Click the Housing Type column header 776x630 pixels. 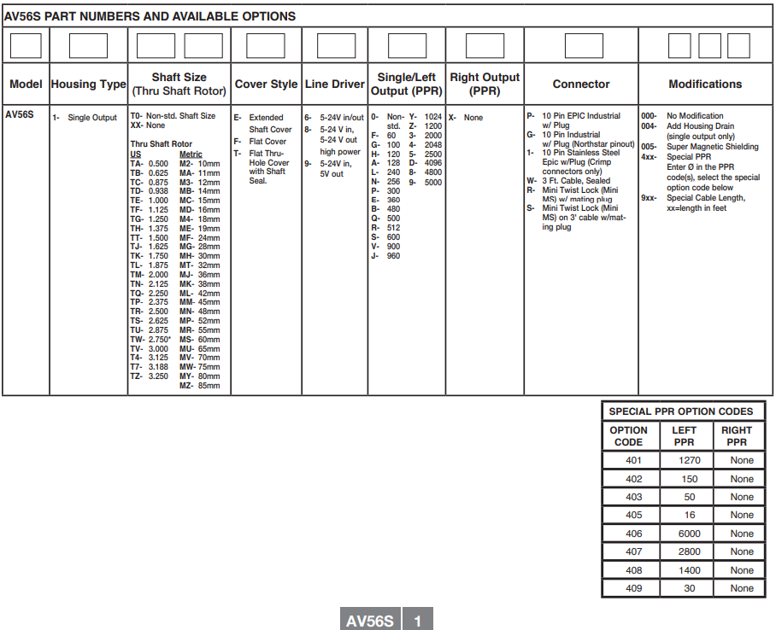88,85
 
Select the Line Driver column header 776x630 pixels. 335,85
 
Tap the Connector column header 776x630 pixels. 581,85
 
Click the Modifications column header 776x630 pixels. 705,85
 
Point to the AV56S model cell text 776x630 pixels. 20,115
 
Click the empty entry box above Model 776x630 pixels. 26,45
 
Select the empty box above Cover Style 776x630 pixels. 265,45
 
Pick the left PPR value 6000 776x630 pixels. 689,534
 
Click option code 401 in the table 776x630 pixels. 633,460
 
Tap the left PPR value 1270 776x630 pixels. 689,460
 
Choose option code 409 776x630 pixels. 633,588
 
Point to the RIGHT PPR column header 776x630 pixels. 737,436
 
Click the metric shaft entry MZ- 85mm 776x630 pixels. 199,386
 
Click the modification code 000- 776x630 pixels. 650,116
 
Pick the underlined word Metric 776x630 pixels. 191,155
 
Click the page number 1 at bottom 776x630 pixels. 418,621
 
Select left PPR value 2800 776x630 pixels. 689,551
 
